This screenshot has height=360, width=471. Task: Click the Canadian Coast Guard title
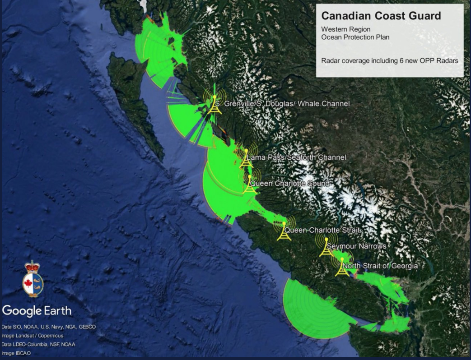pyautogui.click(x=381, y=16)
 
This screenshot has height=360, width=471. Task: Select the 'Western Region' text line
pyautogui.click(x=345, y=29)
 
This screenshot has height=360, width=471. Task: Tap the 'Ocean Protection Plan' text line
pyautogui.click(x=355, y=37)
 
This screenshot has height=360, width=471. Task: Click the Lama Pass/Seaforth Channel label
pyautogui.click(x=296, y=157)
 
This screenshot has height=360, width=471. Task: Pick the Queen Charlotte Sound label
pyautogui.click(x=290, y=184)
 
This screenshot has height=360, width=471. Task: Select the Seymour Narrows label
pyautogui.click(x=357, y=246)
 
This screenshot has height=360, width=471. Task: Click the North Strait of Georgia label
pyautogui.click(x=380, y=266)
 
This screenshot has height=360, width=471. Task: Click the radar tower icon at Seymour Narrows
pyautogui.click(x=326, y=247)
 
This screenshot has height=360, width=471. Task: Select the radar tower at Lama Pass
pyautogui.click(x=246, y=158)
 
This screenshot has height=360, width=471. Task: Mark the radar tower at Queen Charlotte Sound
pyautogui.click(x=249, y=185)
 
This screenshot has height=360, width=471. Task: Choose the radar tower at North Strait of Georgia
pyautogui.click(x=342, y=267)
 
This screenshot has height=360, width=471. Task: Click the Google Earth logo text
pyautogui.click(x=37, y=311)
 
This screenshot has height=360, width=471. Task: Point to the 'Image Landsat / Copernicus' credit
pyautogui.click(x=33, y=336)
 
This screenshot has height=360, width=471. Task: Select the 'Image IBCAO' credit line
pyautogui.click(x=16, y=353)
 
